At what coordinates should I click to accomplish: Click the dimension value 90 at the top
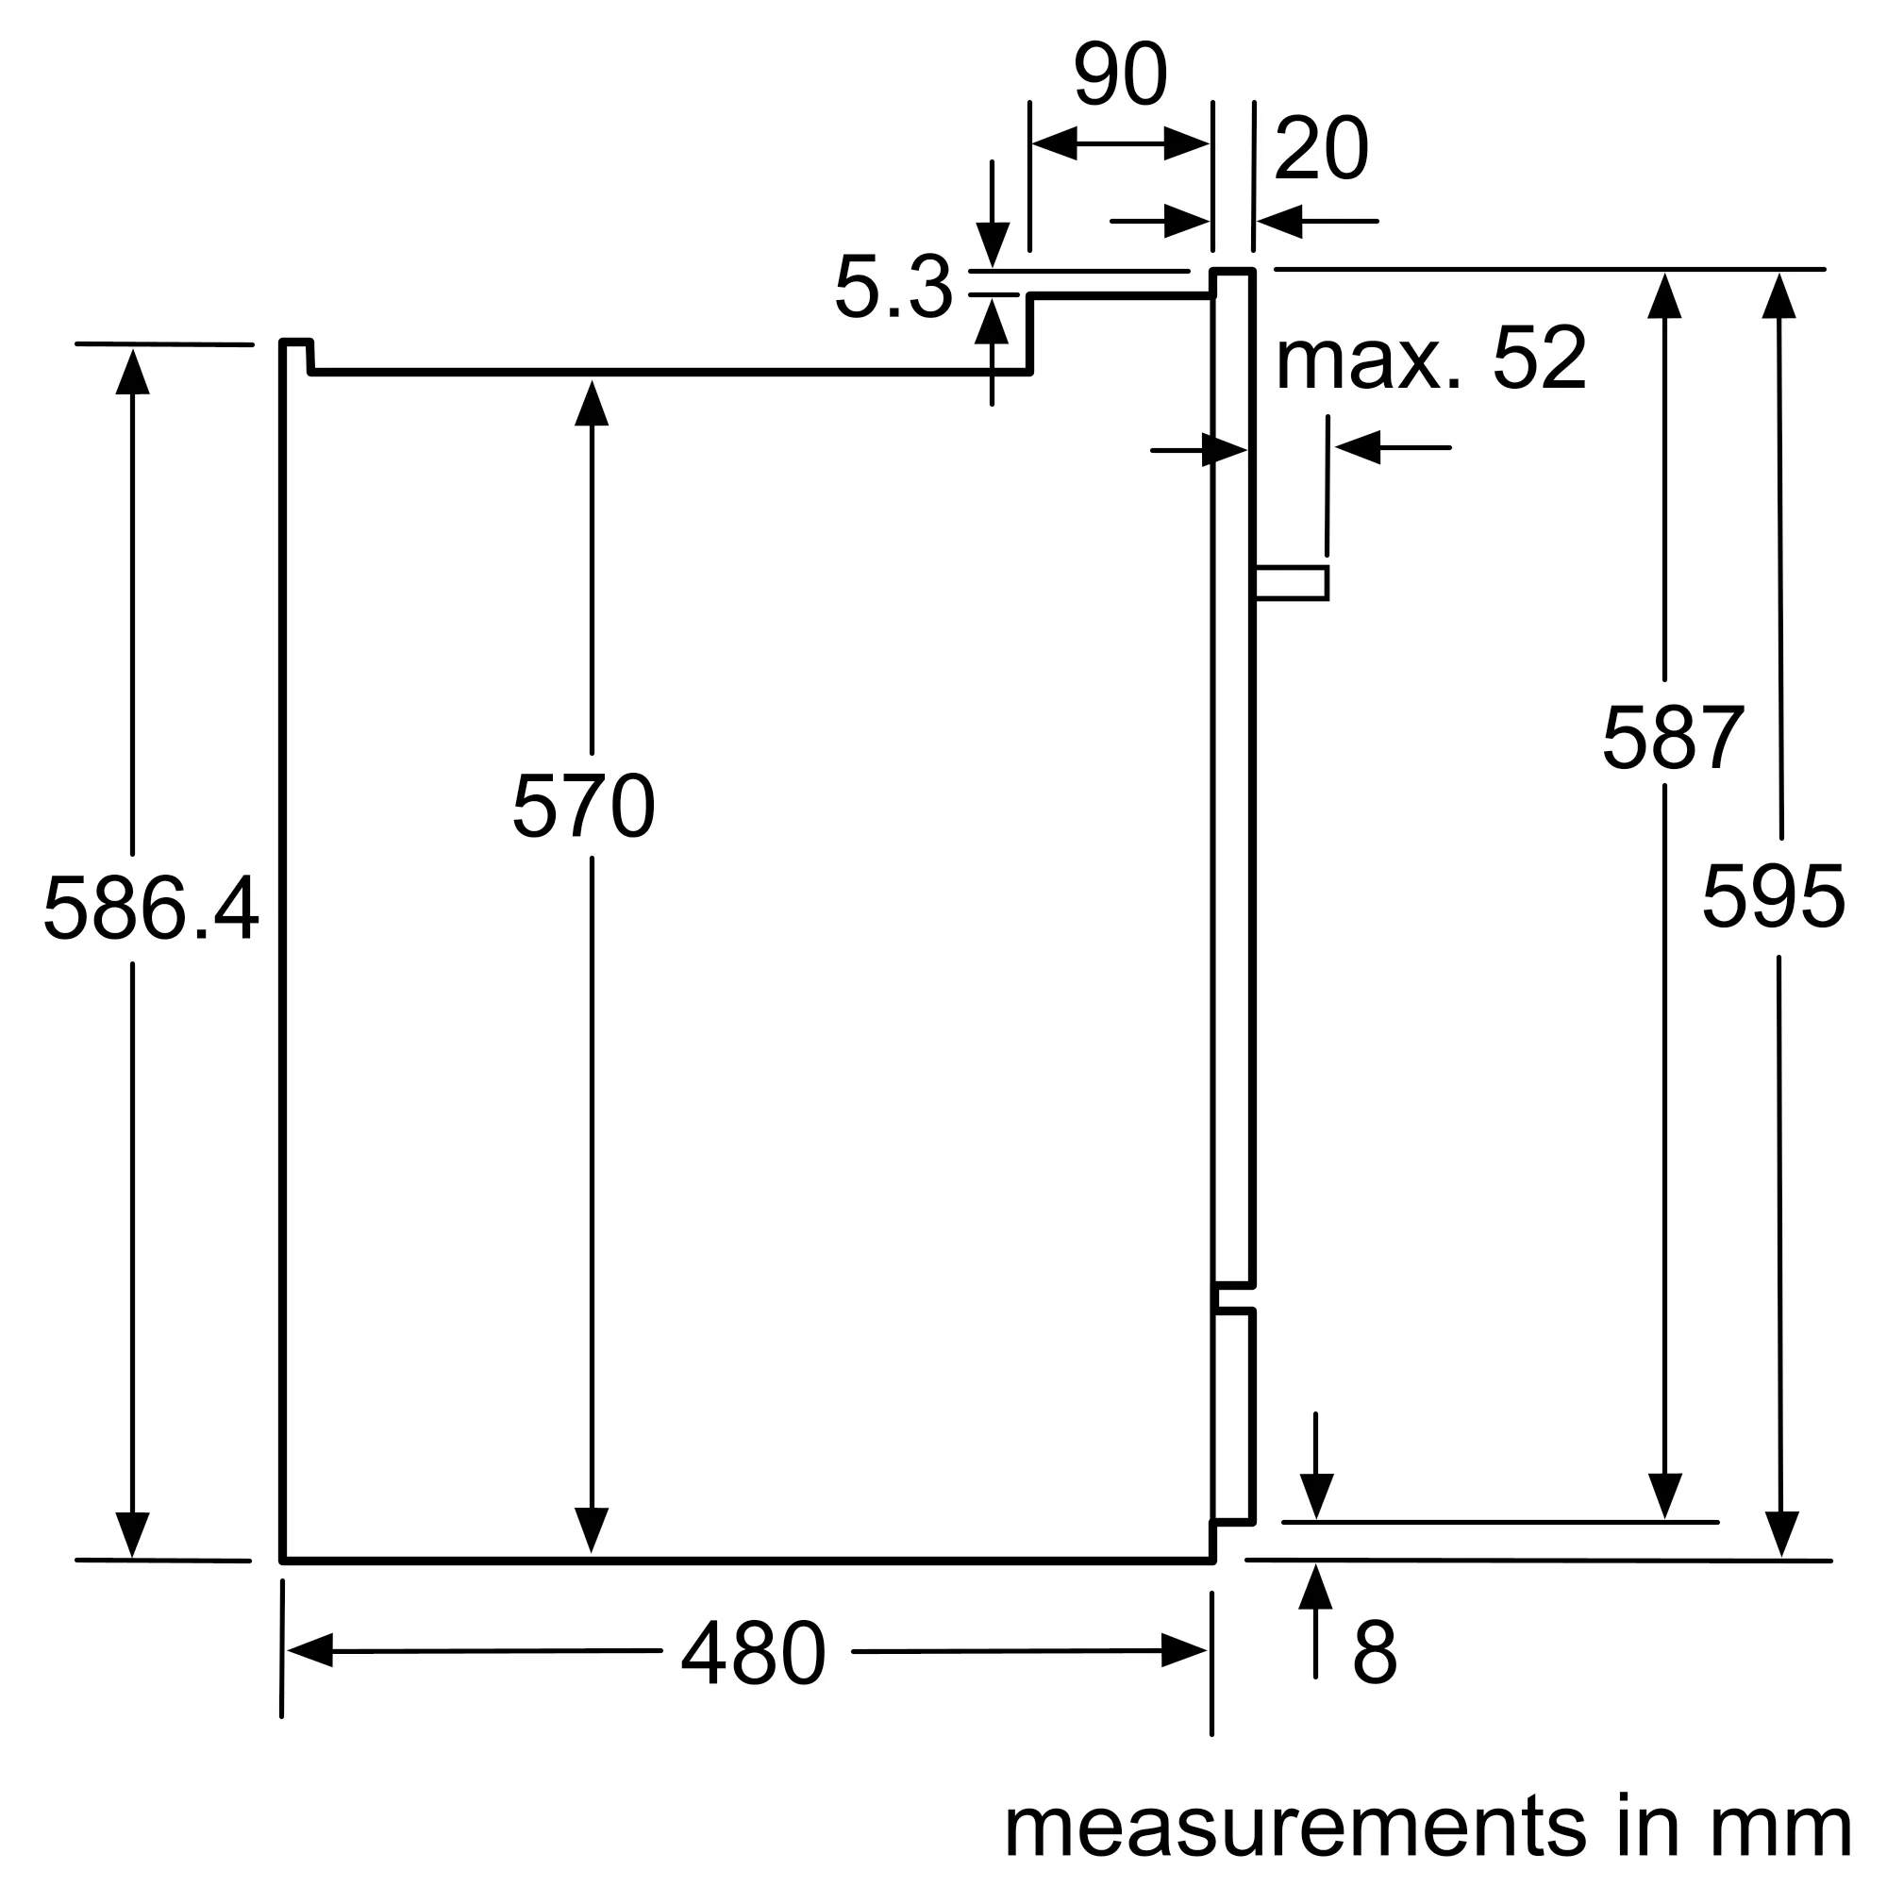tap(1119, 75)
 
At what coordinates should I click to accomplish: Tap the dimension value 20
tap(1321, 149)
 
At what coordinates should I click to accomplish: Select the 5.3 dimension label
tap(893, 288)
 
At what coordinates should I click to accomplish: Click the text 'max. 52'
tap(1431, 359)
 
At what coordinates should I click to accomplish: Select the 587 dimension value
tap(1671, 738)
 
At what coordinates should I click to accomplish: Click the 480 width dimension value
tap(753, 1654)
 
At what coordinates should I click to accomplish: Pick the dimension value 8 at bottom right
tap(1375, 1652)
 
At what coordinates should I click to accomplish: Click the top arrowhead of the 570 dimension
tap(592, 404)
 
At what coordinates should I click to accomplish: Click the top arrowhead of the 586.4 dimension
tap(133, 372)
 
